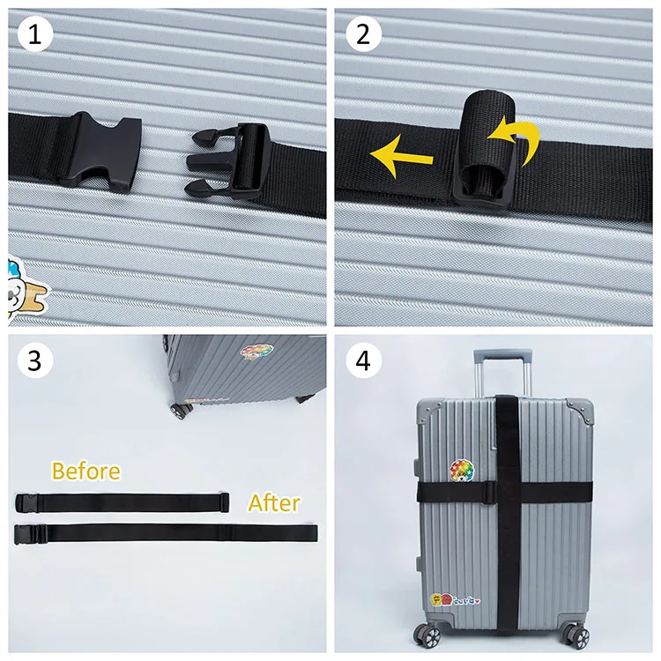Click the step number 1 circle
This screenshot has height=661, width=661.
pos(35,35)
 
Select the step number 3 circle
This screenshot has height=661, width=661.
pos(35,360)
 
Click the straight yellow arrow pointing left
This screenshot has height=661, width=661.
pos(401,158)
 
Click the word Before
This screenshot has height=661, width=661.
pos(85,471)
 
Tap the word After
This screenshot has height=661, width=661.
pos(273,503)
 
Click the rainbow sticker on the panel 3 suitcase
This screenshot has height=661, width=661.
pos(256,353)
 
